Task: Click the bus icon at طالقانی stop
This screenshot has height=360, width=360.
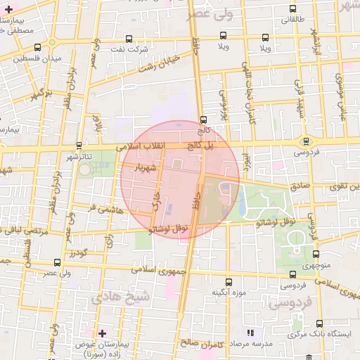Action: pos(292,9)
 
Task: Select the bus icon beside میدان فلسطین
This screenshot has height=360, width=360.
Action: pos(37,48)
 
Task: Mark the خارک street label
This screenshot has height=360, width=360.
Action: pos(156,200)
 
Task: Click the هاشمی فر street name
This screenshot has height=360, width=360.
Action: pos(103,209)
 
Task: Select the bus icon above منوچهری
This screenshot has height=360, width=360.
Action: pos(315,255)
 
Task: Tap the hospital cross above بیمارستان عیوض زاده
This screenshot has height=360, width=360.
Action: pos(103,332)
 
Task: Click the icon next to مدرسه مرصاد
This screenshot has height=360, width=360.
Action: pos(250,332)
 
